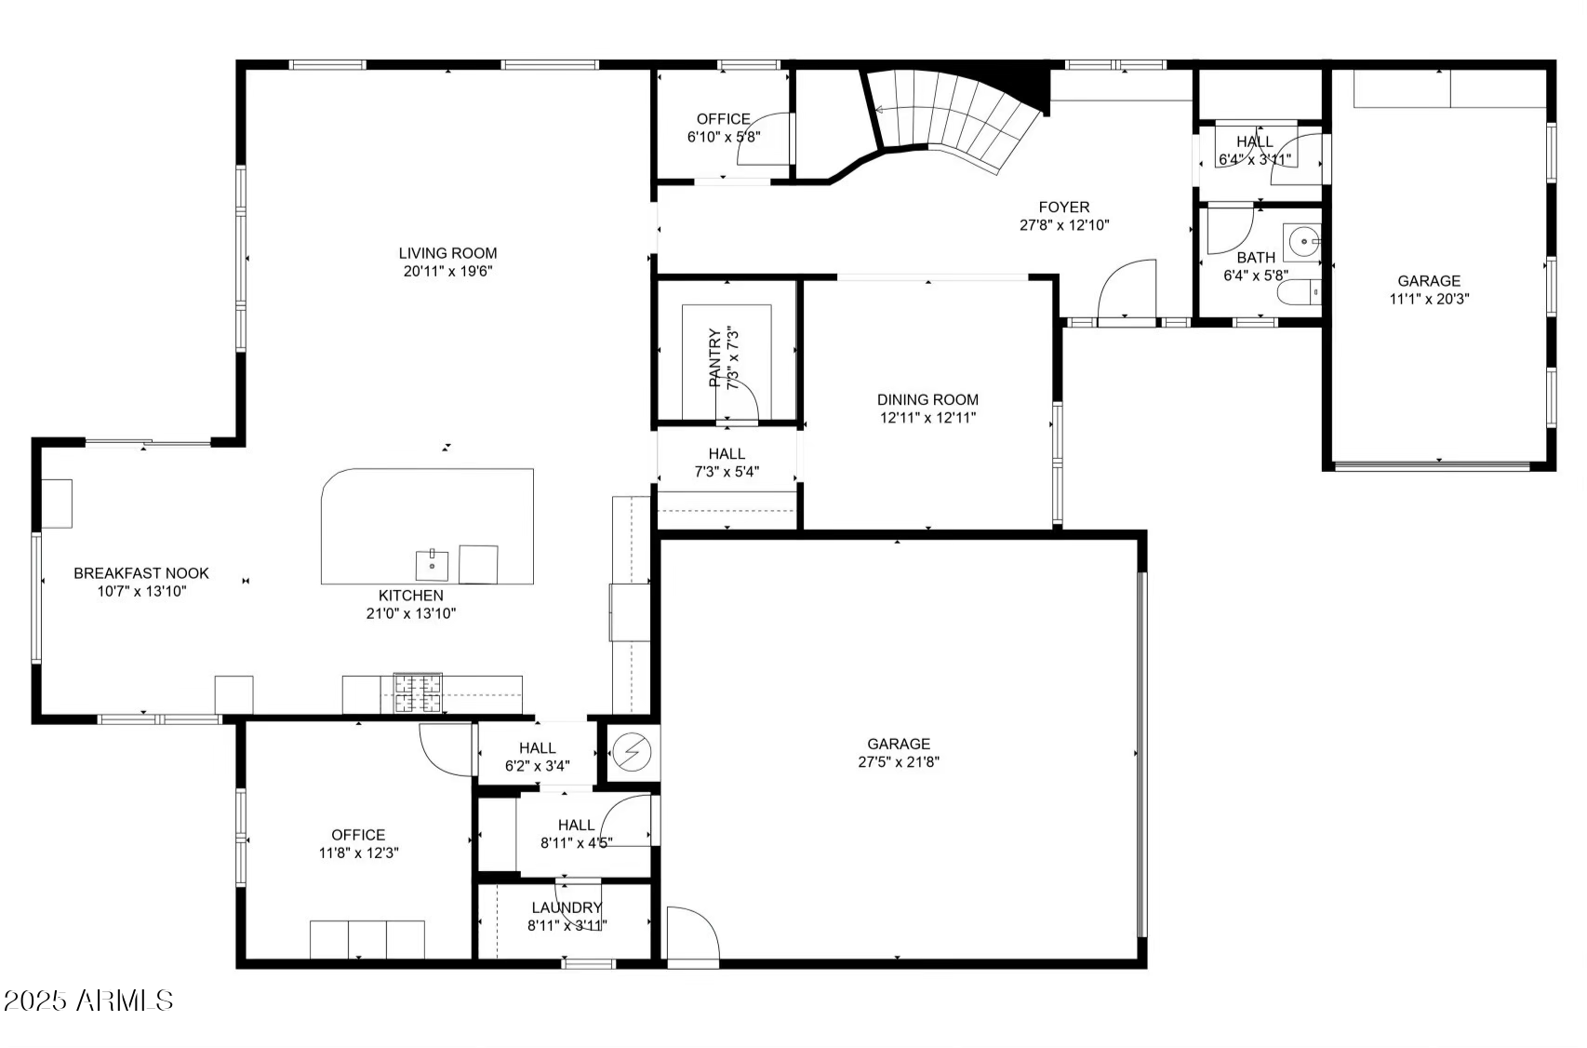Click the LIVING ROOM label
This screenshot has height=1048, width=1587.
[x=447, y=253]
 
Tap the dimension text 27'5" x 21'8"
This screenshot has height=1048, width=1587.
[x=898, y=762]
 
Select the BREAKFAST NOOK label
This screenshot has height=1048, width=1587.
[x=141, y=573]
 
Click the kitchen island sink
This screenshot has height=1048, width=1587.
[x=432, y=564]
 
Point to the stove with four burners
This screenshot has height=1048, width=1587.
[x=418, y=693]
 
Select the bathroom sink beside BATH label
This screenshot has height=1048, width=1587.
[x=1302, y=242]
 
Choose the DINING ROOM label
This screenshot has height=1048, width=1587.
[x=927, y=399]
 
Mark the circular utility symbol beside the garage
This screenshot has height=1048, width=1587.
[x=633, y=751]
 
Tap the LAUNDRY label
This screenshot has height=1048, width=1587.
[x=567, y=907]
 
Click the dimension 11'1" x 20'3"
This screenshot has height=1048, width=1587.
[x=1429, y=300]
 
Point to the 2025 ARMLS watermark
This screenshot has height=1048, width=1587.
[x=88, y=1001]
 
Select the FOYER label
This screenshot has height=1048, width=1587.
[x=1064, y=207]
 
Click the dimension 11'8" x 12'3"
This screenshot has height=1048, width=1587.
[x=358, y=853]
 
